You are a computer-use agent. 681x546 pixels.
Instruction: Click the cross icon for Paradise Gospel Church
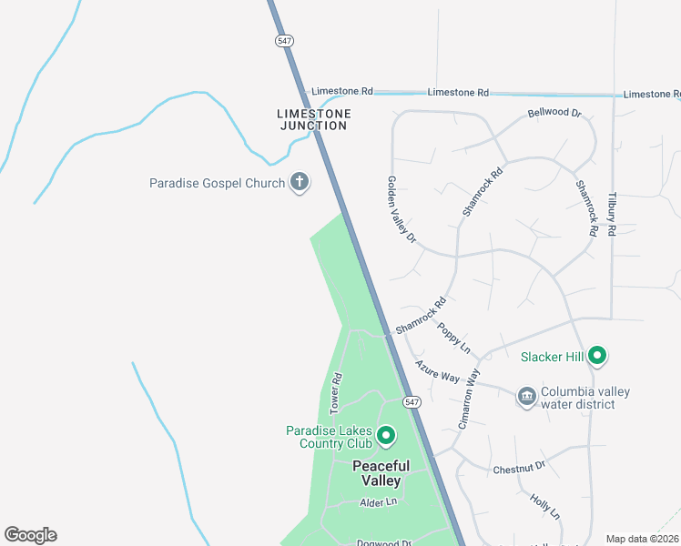click(299, 183)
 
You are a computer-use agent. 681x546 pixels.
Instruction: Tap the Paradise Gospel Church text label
click(218, 183)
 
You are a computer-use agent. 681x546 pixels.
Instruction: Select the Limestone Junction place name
click(313, 119)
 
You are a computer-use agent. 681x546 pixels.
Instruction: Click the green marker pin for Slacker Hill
click(597, 356)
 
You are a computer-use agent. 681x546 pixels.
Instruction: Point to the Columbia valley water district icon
click(526, 397)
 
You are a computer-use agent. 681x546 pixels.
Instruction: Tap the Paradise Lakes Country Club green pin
click(385, 437)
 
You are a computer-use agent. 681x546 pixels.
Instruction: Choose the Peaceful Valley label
click(381, 473)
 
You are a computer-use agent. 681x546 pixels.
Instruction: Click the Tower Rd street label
click(336, 390)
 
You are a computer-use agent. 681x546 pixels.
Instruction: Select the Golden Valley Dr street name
click(401, 210)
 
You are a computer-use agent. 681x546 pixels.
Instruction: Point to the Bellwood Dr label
click(554, 113)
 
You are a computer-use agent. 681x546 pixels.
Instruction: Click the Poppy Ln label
click(453, 338)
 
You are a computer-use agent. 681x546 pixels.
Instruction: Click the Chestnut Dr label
click(518, 467)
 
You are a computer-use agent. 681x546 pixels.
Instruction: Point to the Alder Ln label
click(379, 502)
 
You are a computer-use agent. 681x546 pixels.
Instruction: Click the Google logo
click(30, 535)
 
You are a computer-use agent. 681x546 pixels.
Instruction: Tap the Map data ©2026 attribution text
click(643, 539)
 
